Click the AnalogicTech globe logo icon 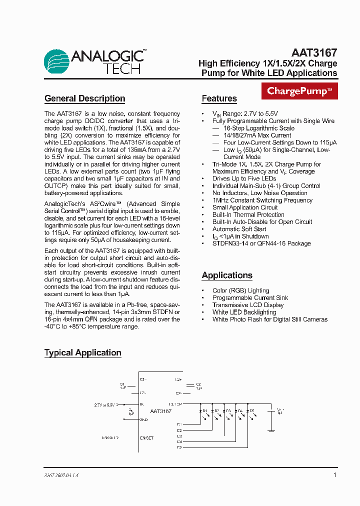click(56, 62)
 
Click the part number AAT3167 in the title click(314, 52)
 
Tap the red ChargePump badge click(299, 91)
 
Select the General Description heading click(84, 98)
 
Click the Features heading click(219, 98)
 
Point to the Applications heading click(227, 275)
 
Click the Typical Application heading click(82, 352)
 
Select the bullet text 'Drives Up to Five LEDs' click(244, 178)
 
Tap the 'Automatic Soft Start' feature click(239, 229)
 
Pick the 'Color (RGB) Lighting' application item click(240, 290)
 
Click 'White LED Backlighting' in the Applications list click(244, 312)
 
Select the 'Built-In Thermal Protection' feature click(248, 214)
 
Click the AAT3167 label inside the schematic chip click(160, 411)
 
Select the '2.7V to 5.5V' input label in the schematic click(104, 404)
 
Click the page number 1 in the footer click(334, 475)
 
